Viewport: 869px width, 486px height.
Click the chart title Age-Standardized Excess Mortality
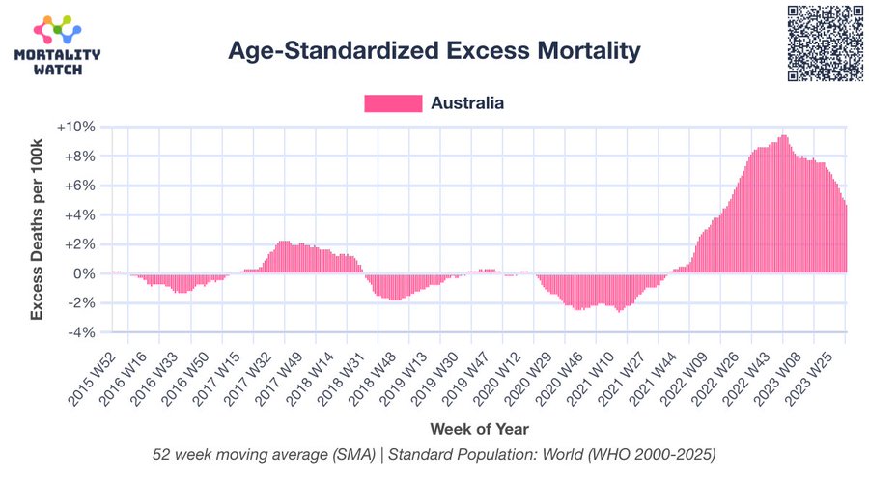(434, 51)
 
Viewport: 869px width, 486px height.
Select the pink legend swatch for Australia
(393, 103)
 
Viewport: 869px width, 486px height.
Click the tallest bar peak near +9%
(783, 137)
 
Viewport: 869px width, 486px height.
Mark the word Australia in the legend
(467, 103)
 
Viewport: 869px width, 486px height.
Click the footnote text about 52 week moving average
(434, 454)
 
